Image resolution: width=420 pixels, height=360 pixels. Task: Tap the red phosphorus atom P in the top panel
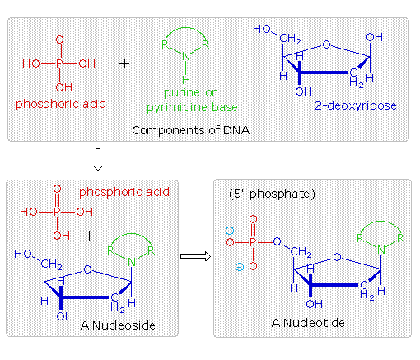[58, 62]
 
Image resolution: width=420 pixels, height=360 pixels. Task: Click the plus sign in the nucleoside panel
[90, 235]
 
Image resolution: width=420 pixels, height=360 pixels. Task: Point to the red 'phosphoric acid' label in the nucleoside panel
[119, 192]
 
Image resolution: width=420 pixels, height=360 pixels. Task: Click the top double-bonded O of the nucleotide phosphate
[251, 220]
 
